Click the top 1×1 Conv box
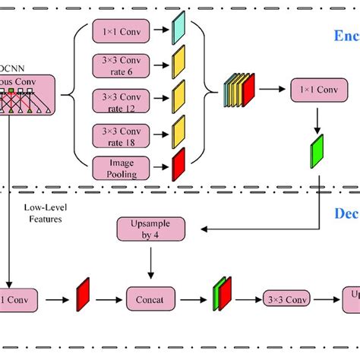coord(122,33)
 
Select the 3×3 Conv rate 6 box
coord(122,67)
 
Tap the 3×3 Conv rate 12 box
coord(122,102)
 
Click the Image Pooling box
coord(122,167)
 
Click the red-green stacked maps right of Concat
coord(223,295)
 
